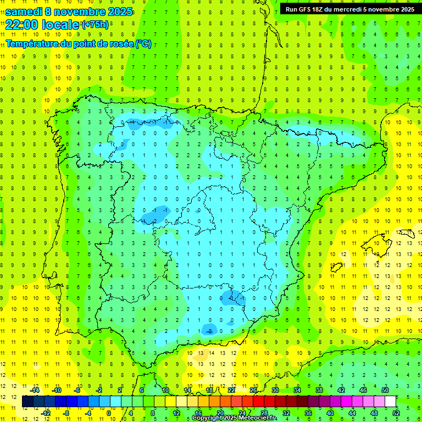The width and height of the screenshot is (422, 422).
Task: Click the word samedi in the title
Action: (24, 12)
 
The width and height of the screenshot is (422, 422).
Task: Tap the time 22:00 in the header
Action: (23, 25)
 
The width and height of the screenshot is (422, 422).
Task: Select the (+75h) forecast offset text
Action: (95, 25)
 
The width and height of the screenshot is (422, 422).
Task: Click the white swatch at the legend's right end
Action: (391, 402)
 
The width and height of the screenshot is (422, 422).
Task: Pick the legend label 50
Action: (385, 390)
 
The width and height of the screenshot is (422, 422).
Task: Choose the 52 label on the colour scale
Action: (396, 413)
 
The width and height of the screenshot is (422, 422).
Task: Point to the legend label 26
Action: (253, 390)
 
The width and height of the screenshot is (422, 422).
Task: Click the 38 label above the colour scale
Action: (319, 390)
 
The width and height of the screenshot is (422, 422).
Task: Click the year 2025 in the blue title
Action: (120, 12)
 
